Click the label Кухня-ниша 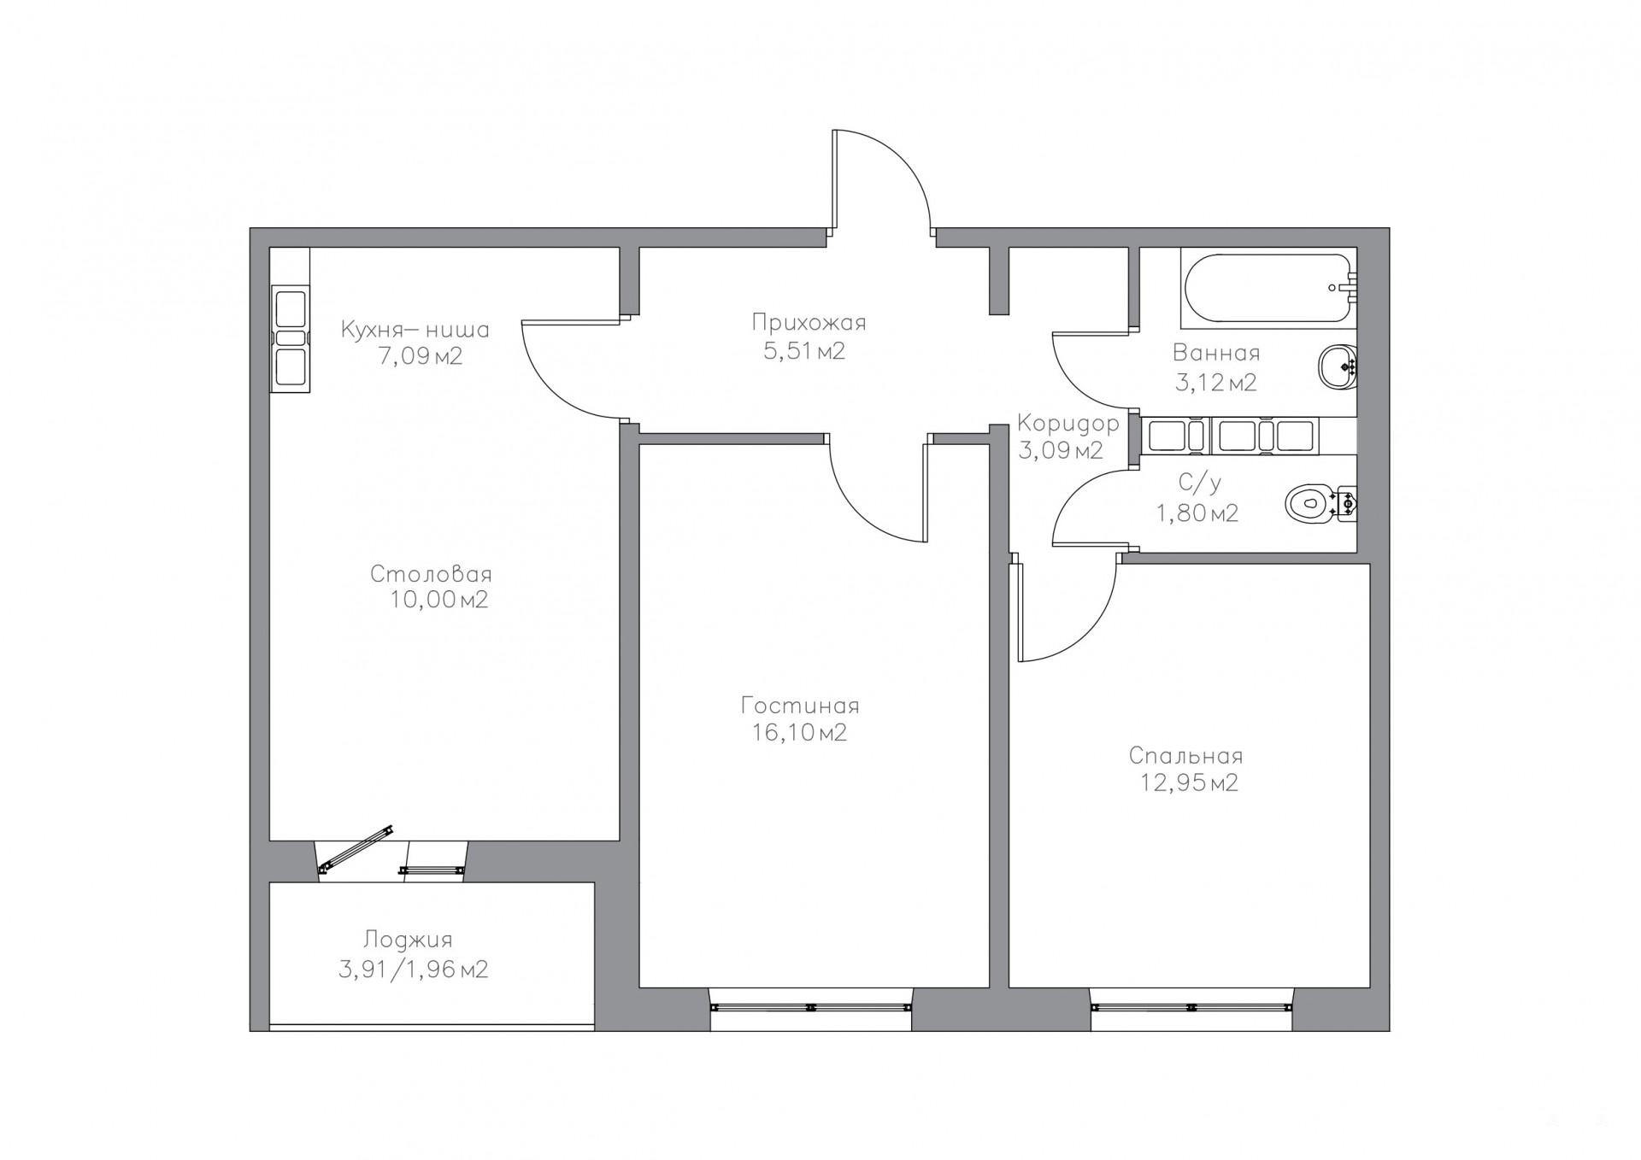coord(415,330)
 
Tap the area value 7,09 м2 coord(421,356)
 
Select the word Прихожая coord(809,323)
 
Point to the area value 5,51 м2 coord(804,351)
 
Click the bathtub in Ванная coord(1268,288)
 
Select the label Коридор coord(1068,424)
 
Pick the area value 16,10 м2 coord(799,733)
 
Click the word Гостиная coord(800,706)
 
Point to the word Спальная coord(1185,756)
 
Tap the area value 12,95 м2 coord(1189,783)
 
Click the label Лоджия coord(408,940)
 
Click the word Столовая coord(431,574)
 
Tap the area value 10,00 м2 coord(439,601)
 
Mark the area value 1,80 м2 coord(1197,513)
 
